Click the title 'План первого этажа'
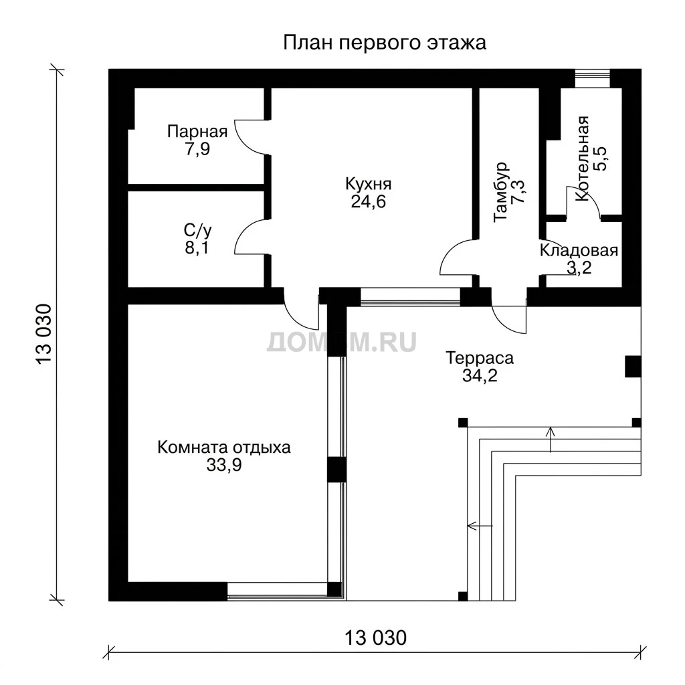pos(385,43)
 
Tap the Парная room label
pos(197,131)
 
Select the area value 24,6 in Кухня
pos(369,202)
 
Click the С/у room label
pos(197,230)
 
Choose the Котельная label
pos(582,159)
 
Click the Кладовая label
pos(579,250)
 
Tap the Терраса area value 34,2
pos(480,375)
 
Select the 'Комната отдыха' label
pos(223,448)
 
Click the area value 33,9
pos(223,466)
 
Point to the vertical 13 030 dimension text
pos(45,334)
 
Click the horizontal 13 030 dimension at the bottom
pos(376,638)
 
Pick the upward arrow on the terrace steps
pos(551,439)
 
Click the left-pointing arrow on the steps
pos(480,526)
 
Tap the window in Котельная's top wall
pos(592,79)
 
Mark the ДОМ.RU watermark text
pos(342,342)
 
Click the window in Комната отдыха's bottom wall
pos(278,591)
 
